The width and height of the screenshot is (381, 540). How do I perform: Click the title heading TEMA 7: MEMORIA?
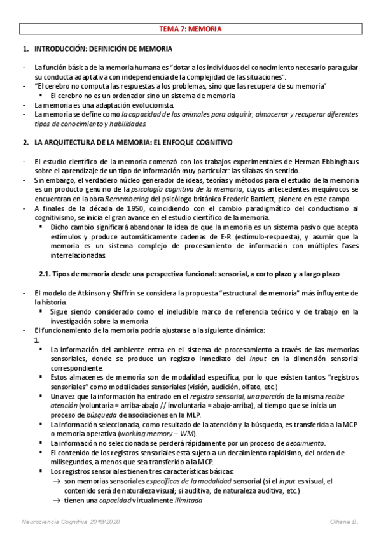pos(190,29)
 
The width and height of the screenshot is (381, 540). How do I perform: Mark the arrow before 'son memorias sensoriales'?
pos(56,481)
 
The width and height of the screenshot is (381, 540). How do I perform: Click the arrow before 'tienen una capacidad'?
pos(56,500)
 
